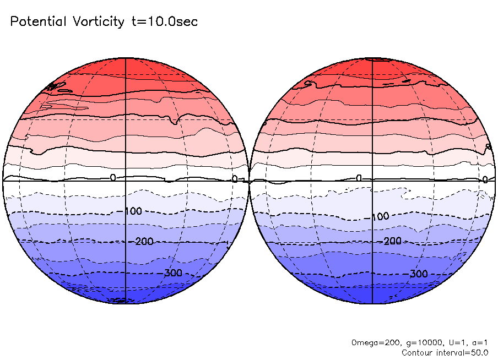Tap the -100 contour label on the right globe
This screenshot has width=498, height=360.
(379, 216)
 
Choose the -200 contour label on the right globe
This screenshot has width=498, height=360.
(391, 241)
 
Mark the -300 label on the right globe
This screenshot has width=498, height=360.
(418, 274)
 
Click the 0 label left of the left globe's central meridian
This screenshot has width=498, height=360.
(113, 178)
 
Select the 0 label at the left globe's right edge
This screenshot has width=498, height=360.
(235, 179)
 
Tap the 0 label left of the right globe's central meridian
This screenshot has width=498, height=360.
(359, 178)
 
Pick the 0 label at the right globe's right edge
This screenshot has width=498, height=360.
(485, 179)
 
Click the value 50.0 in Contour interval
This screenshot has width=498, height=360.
(480, 352)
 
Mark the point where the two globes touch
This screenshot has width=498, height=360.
(249, 181)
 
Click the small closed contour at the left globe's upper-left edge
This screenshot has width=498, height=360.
(56, 86)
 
